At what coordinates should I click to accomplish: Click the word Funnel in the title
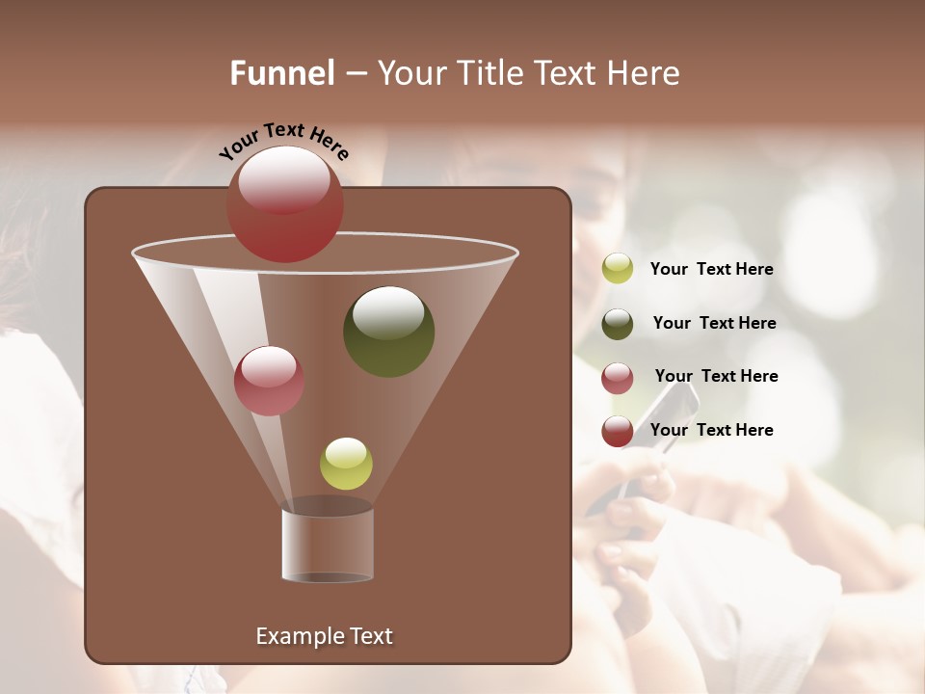(281, 73)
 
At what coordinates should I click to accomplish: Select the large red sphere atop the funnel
(285, 204)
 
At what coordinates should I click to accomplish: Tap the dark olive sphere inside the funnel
(388, 332)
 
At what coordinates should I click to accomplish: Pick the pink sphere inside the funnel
(269, 381)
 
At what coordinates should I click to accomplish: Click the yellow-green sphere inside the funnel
(346, 464)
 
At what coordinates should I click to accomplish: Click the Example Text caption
(324, 636)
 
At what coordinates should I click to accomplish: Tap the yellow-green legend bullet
(618, 269)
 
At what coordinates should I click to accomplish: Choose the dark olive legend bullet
(618, 324)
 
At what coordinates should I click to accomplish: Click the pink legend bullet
(618, 378)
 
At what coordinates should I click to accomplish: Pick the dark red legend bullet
(618, 431)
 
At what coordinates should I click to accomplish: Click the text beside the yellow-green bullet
(711, 270)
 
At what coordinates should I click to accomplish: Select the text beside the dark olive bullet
(714, 324)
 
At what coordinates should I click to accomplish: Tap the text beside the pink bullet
(716, 377)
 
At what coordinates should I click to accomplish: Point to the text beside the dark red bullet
(711, 430)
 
